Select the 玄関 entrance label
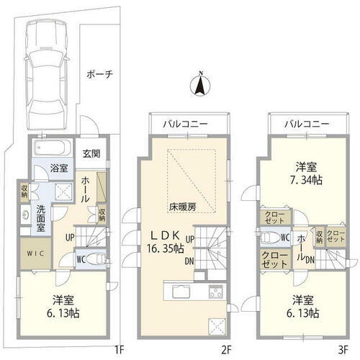click(91, 153)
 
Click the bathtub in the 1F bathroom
click(51, 152)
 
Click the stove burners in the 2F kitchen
click(215, 292)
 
